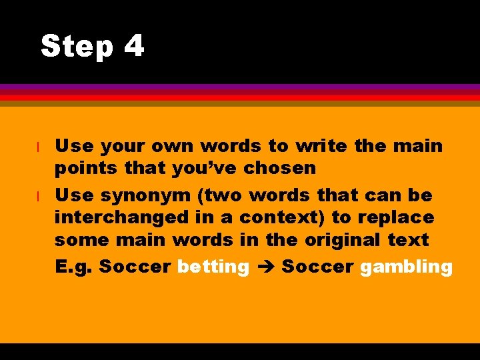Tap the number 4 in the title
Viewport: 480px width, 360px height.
[x=133, y=46]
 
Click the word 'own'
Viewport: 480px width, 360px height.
[x=175, y=146]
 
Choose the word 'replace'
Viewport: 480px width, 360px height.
[x=400, y=218]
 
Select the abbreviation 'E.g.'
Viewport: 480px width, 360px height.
[x=73, y=267]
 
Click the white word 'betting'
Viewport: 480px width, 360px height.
[x=213, y=267]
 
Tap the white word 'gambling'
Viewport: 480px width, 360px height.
[x=406, y=267]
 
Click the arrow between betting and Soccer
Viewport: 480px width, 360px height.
[x=265, y=267]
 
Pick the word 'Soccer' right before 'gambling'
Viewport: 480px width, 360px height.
[x=318, y=267]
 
